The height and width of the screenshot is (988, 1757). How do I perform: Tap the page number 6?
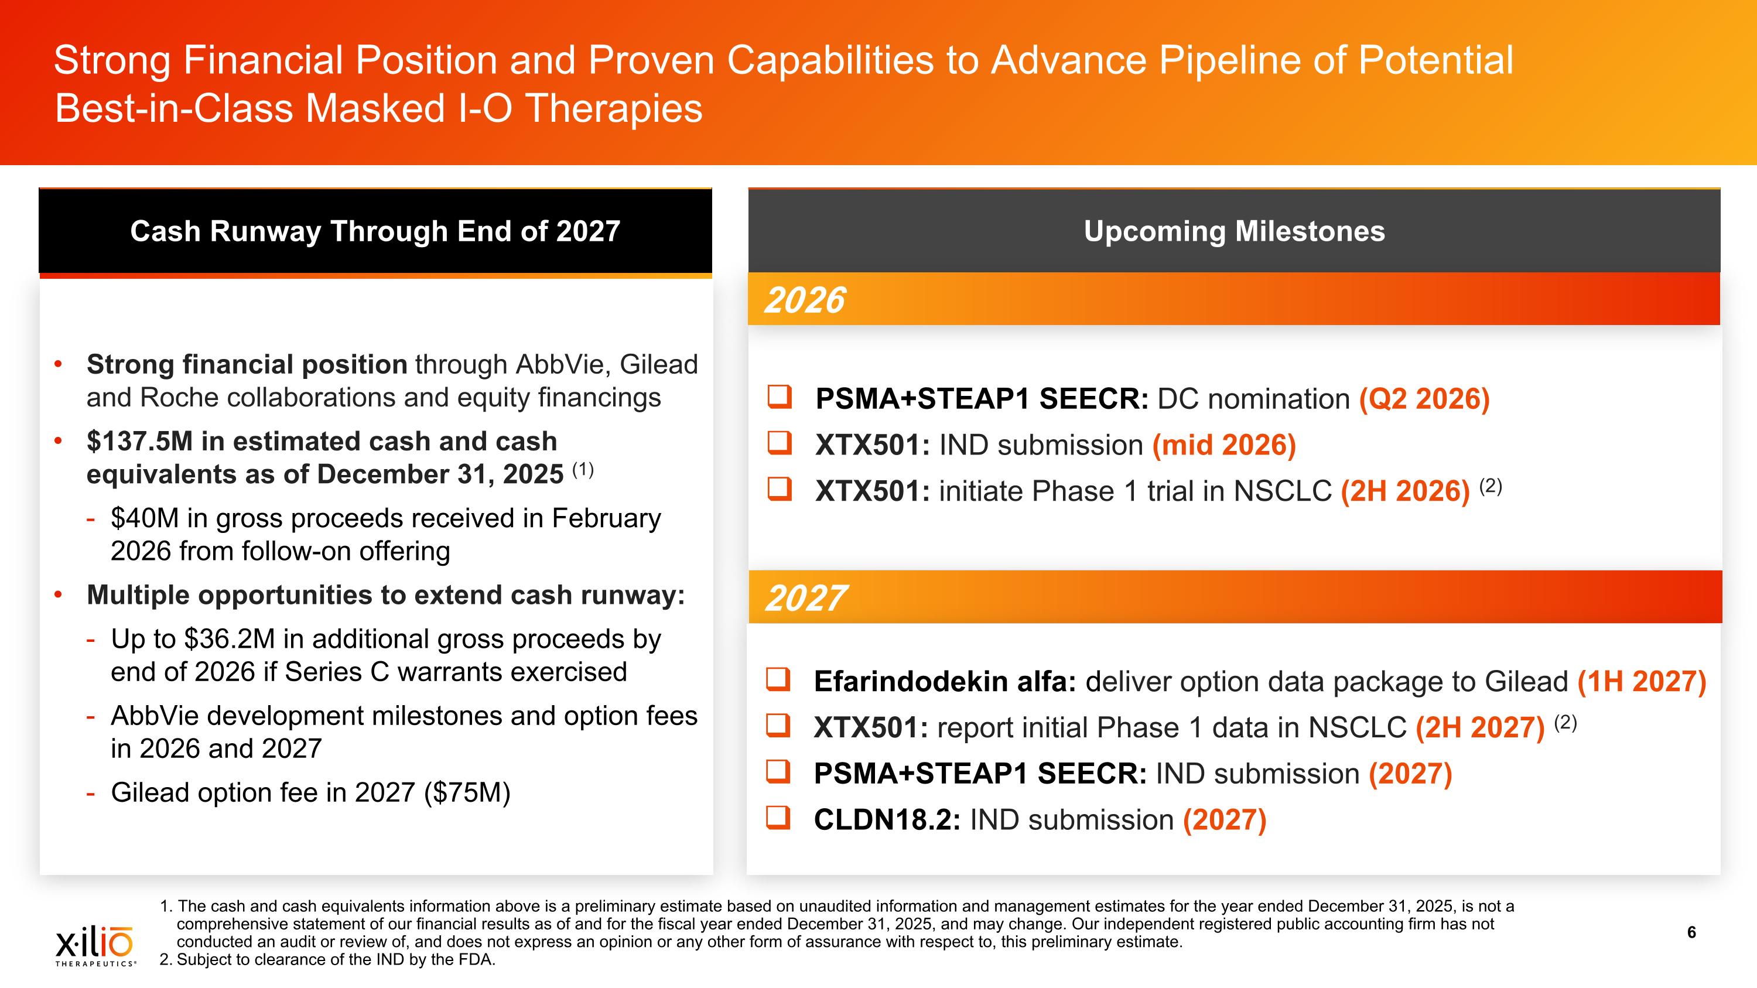coord(1691,932)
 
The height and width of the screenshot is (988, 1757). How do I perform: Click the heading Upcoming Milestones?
coord(1234,231)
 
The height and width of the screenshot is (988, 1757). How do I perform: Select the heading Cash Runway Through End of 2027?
coord(375,231)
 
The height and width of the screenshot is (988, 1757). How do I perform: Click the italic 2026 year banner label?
coord(804,300)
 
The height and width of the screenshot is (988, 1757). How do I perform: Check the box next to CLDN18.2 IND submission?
coord(778,818)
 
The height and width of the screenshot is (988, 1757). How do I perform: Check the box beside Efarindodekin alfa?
coord(778,680)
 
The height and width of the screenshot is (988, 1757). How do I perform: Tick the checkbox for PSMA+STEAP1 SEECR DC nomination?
coord(780,397)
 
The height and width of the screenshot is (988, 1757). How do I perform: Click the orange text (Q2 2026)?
coord(1424,399)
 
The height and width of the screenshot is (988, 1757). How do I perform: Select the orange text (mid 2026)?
coord(1223,445)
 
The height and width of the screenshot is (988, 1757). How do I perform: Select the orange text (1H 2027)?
coord(1641,681)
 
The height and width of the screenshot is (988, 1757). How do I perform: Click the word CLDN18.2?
coord(887,819)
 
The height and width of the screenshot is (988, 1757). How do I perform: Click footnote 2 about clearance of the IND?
coord(327,959)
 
